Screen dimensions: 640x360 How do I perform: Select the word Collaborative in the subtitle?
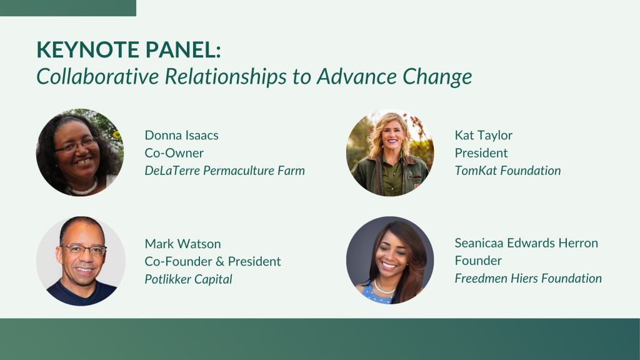97,76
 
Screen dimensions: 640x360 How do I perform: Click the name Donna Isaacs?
182,135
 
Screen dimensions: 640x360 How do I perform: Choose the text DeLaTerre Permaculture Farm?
225,171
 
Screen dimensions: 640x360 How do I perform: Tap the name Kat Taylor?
484,136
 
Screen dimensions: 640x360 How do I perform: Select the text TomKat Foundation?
507,171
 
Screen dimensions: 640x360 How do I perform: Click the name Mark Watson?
183,244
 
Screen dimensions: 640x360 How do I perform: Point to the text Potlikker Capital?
189,279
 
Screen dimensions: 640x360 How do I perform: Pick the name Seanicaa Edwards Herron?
526,243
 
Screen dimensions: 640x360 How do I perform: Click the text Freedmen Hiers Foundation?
529,278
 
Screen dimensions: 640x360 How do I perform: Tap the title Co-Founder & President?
212,261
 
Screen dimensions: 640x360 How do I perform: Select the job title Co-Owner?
174,152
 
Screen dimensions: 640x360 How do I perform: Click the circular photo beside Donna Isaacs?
80,152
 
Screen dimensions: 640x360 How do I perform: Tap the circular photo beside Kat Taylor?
390,152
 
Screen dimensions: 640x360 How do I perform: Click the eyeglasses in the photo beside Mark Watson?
84,249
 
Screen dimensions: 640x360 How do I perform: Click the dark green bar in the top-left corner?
67,8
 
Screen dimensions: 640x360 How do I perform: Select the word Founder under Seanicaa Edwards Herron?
478,261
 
